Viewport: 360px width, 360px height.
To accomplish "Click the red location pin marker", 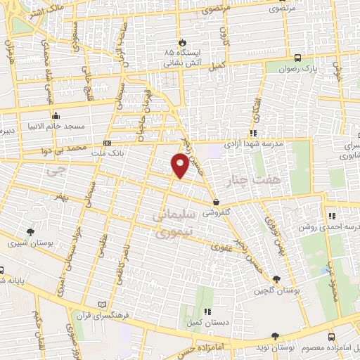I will click(x=180, y=165).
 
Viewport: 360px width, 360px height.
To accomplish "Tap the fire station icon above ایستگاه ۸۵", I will click(x=182, y=42).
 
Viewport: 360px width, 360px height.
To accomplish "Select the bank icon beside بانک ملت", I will click(x=107, y=143).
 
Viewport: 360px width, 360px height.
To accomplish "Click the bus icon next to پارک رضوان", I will click(x=299, y=58).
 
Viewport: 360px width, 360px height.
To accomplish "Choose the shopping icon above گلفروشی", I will click(x=215, y=202).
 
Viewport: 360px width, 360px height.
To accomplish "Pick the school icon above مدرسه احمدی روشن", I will click(x=331, y=216).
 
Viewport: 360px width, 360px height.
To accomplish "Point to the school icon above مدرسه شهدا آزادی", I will click(x=252, y=132).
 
